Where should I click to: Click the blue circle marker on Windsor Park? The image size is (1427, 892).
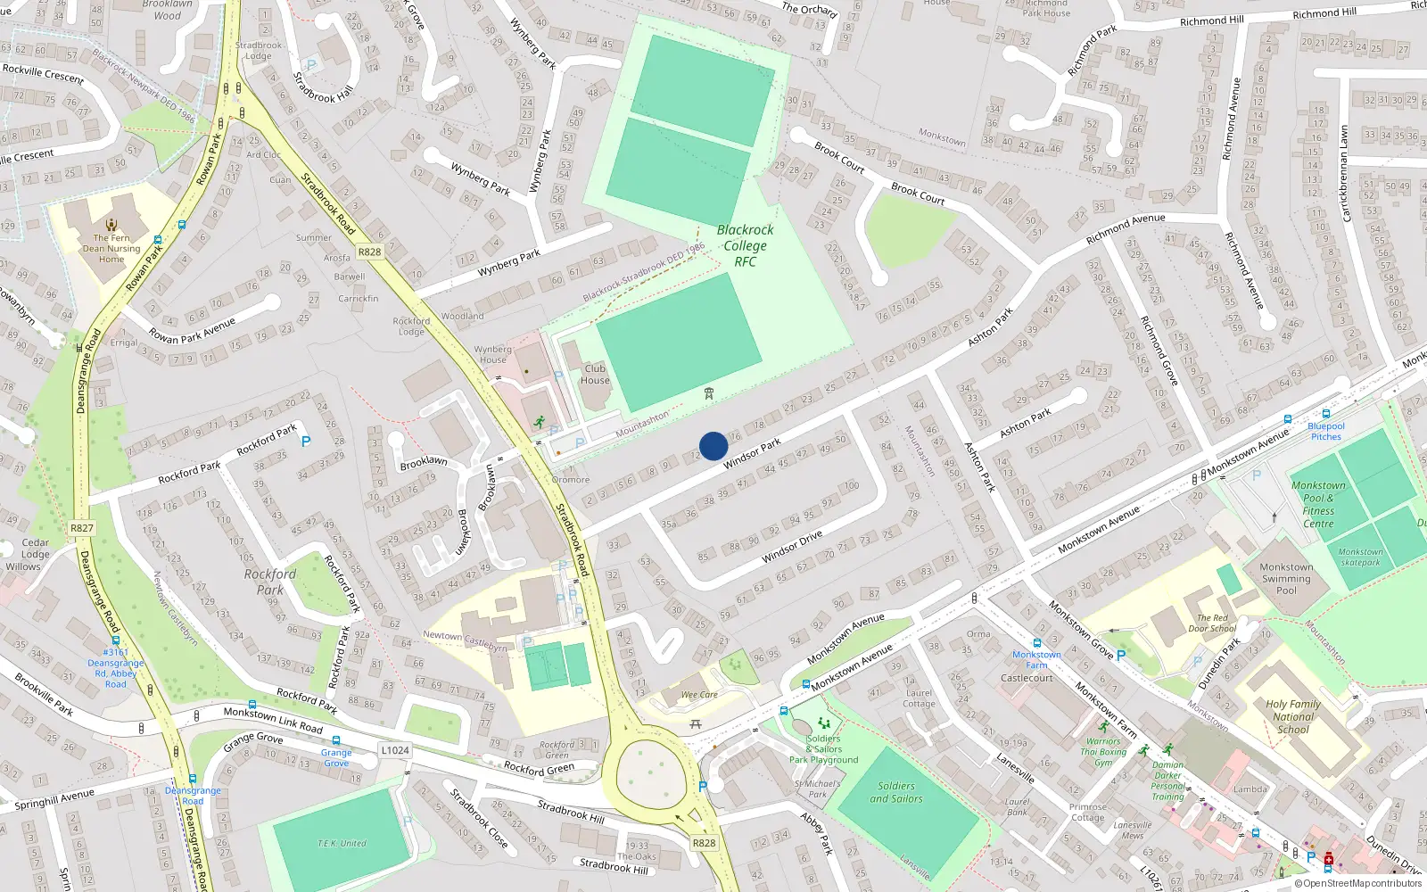(x=713, y=446)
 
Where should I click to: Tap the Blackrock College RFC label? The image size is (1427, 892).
(x=745, y=245)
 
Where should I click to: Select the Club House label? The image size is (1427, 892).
(x=595, y=374)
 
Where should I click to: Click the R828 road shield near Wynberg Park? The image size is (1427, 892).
(x=369, y=252)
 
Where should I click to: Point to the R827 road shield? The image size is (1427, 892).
(x=81, y=528)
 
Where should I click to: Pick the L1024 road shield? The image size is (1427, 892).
(x=395, y=750)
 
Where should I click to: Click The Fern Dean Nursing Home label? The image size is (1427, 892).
(x=111, y=248)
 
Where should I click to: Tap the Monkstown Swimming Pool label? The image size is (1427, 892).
(x=1286, y=578)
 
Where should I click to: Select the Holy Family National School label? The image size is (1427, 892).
(x=1293, y=716)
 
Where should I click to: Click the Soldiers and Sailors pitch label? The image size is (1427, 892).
(x=895, y=792)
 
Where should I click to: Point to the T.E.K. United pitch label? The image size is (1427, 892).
(x=342, y=843)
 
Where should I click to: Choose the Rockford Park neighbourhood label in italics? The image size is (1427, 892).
(x=269, y=582)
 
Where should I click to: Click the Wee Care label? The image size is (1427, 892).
(x=699, y=694)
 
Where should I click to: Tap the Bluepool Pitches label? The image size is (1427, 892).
(x=1326, y=432)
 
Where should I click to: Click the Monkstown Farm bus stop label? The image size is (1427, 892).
(x=1036, y=659)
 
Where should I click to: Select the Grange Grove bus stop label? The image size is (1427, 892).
(x=336, y=757)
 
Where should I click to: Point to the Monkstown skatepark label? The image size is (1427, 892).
(x=1360, y=557)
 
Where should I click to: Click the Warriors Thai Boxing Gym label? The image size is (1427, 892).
(x=1103, y=752)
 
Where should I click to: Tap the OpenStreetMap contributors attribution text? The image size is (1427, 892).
(x=1362, y=884)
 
